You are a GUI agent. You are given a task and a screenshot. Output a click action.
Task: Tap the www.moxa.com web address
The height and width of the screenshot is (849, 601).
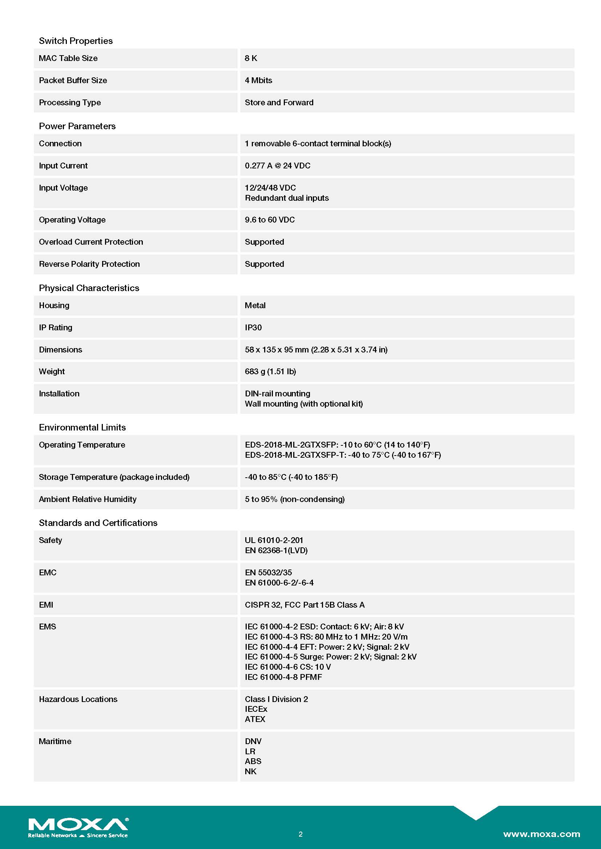click(x=541, y=834)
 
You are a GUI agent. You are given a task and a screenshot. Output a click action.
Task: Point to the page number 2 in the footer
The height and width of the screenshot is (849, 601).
click(x=300, y=834)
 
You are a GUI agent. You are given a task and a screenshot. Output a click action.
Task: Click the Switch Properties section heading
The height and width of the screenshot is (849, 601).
click(x=76, y=41)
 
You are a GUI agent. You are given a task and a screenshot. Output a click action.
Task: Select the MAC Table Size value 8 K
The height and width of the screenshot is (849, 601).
click(x=251, y=58)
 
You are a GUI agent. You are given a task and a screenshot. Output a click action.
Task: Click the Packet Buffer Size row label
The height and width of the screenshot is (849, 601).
click(x=73, y=80)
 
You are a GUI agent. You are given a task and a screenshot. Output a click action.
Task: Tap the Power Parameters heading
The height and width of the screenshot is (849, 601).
click(x=77, y=126)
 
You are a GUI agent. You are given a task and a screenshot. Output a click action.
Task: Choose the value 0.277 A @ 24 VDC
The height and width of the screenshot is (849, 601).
click(x=278, y=166)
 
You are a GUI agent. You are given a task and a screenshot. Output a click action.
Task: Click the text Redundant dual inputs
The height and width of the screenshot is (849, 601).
click(x=287, y=198)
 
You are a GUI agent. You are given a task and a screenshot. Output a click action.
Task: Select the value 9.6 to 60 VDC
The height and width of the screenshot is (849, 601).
click(x=270, y=220)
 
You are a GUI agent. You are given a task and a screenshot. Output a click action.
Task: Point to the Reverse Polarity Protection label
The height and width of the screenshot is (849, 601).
click(x=89, y=264)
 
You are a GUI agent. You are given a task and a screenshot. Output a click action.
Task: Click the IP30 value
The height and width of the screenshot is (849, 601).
click(x=253, y=327)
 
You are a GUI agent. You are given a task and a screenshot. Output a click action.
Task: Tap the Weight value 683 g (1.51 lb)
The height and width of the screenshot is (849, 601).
click(x=270, y=371)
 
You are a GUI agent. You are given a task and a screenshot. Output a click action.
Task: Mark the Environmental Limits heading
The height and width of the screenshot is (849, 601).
click(x=82, y=427)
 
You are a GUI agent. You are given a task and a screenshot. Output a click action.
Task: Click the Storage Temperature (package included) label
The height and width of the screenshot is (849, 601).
click(x=114, y=477)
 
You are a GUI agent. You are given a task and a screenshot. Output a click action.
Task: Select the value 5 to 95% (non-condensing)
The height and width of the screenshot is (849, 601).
click(x=295, y=499)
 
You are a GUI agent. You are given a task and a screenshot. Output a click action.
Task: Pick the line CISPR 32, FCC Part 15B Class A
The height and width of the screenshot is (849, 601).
click(x=304, y=605)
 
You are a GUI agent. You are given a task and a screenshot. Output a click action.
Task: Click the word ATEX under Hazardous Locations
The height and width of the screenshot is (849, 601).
click(x=255, y=719)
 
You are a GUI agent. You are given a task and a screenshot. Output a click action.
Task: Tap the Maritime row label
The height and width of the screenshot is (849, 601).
click(x=55, y=741)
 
